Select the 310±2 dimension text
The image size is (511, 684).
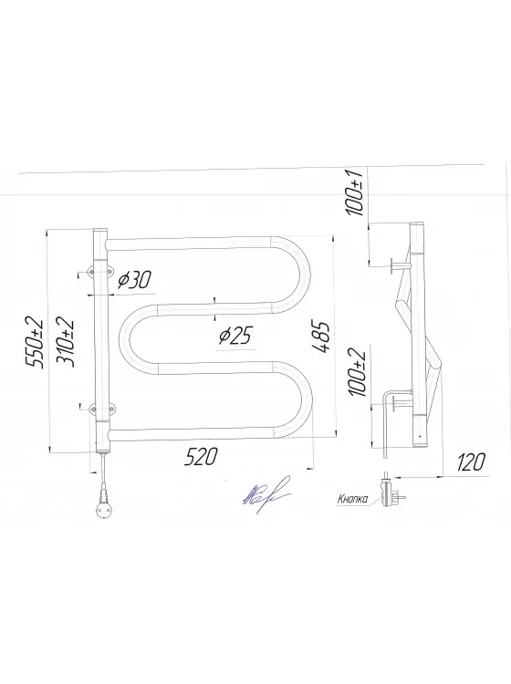65,341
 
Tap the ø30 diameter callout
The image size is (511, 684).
134,280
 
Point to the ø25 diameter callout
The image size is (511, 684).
235,337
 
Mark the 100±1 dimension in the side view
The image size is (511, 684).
356,192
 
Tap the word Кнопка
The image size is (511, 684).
352,498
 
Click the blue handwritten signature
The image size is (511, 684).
259,497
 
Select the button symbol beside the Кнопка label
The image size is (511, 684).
393,492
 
